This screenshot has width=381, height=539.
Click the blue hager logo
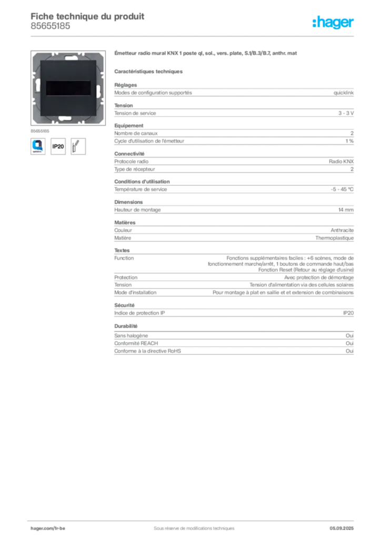point(334,23)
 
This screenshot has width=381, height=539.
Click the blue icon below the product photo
point(38,145)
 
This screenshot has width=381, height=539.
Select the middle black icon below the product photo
point(58,146)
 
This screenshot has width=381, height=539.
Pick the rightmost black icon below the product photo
point(79,145)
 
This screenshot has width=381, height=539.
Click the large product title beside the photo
point(206,54)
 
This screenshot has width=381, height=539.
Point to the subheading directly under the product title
point(149,71)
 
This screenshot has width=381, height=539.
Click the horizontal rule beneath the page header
point(193,36)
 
